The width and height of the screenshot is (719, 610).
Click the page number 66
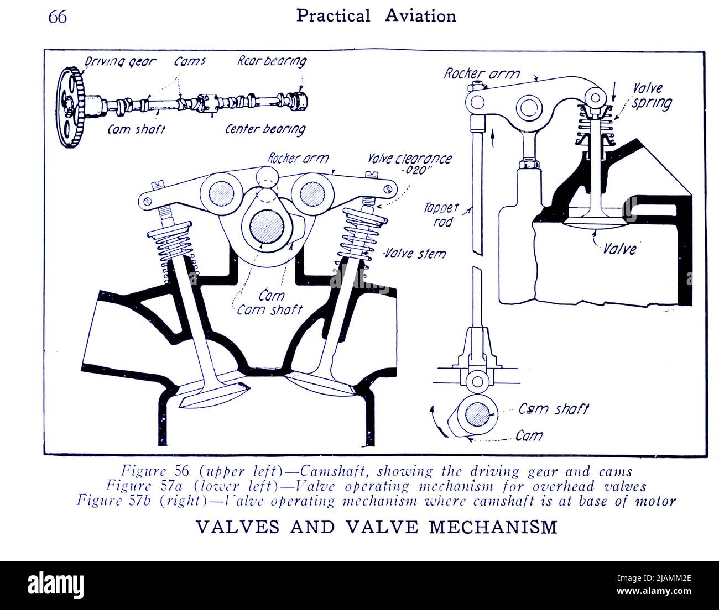tap(58, 17)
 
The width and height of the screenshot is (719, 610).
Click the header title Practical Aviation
tap(376, 16)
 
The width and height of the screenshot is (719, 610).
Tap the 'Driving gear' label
tap(120, 62)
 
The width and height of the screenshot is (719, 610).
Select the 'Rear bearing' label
tap(272, 61)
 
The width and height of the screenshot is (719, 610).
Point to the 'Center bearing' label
tap(265, 129)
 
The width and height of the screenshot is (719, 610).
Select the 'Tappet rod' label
tap(441, 214)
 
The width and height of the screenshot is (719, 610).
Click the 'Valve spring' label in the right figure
tap(650, 96)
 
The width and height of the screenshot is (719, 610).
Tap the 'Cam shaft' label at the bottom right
tap(553, 409)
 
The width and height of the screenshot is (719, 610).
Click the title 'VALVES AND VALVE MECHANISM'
tap(377, 527)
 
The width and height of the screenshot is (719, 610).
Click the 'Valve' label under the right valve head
tap(619, 249)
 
